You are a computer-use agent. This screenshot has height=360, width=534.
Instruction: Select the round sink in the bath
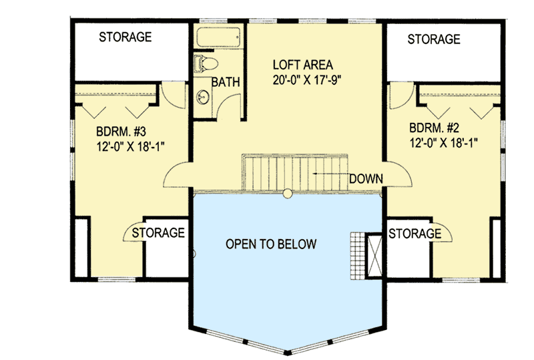point(202,98)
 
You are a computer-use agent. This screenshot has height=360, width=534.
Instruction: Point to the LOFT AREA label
point(302,65)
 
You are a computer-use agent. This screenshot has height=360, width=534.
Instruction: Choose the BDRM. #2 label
point(435,127)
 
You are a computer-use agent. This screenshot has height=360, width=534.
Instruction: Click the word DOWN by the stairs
point(365,178)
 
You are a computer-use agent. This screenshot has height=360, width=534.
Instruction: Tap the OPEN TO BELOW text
point(270,244)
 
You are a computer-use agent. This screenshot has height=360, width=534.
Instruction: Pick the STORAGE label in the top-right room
point(434,39)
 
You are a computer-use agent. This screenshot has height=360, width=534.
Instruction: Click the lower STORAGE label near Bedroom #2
point(415,233)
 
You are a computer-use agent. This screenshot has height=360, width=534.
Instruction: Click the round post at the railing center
point(287,194)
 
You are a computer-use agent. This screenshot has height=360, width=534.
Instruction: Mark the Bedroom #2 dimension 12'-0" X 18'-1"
point(443,142)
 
